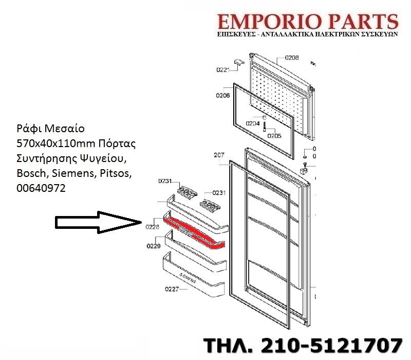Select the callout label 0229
pos(154,246)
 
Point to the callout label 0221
pos(222,69)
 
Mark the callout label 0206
pos(222,96)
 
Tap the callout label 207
pos(219,155)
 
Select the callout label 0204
pos(253,124)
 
